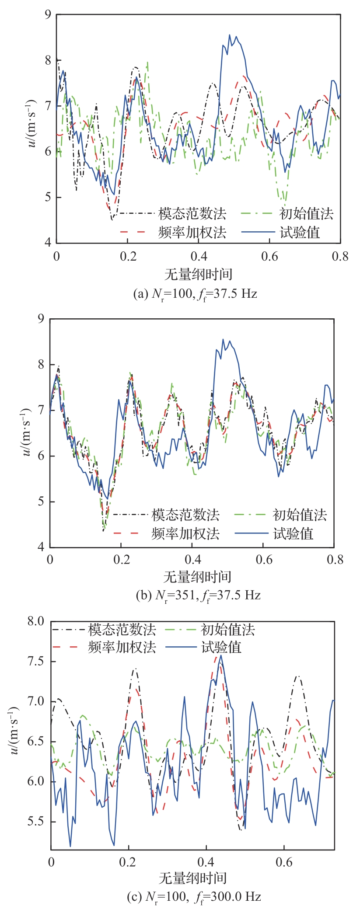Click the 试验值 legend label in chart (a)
click(300, 232)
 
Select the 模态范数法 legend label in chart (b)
click(185, 515)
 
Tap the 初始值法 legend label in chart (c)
click(227, 630)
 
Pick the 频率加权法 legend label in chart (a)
click(192, 232)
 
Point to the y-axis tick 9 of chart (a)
click(48, 15)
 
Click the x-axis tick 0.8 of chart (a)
click(340, 256)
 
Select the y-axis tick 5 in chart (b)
click(41, 502)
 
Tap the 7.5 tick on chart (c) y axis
click(36, 661)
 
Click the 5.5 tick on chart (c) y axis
click(36, 822)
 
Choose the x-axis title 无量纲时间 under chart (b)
click(197, 577)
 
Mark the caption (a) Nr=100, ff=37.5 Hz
click(195, 293)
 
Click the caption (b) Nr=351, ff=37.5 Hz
click(198, 595)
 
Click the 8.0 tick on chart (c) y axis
click(36, 621)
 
